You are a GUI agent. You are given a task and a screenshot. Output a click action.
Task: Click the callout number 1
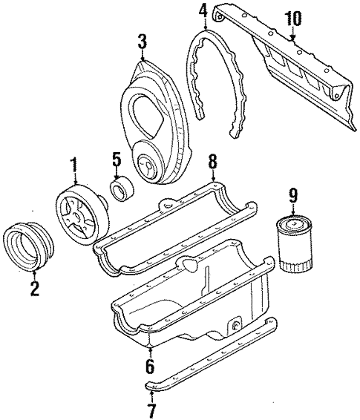(73, 163)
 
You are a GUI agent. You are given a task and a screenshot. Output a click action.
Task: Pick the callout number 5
(116, 160)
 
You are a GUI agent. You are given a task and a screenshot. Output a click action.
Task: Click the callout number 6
(150, 366)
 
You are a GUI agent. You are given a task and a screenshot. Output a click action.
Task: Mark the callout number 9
(293, 195)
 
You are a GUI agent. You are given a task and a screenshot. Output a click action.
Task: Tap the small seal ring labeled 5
(121, 191)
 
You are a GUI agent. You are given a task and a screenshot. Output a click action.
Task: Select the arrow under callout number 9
(292, 207)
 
